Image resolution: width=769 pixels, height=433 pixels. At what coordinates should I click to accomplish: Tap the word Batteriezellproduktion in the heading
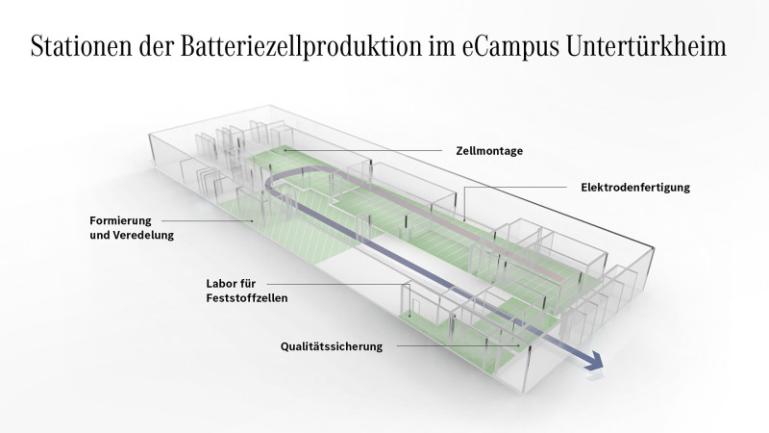[301, 47]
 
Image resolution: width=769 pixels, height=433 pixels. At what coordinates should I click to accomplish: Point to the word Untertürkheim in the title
[646, 46]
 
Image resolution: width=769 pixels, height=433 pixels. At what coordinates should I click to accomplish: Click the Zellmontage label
[489, 151]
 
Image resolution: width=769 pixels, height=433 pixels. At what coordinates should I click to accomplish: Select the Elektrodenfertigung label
[635, 187]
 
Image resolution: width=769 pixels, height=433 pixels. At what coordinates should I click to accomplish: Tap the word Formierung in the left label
[121, 221]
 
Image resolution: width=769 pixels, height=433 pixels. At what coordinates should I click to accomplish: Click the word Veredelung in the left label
[143, 235]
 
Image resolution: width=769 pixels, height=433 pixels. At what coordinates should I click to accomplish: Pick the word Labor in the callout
[221, 283]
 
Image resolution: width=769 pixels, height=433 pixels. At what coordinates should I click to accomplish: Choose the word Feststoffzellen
[247, 298]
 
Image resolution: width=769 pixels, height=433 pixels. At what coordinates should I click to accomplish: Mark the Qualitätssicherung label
[332, 346]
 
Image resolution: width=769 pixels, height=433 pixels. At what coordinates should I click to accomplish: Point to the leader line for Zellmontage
[363, 150]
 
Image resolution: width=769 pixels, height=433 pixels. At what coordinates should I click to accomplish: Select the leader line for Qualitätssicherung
[459, 345]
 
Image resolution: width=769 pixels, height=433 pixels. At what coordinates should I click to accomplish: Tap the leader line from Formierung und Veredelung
[207, 221]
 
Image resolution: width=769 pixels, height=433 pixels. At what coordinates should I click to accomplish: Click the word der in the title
[157, 46]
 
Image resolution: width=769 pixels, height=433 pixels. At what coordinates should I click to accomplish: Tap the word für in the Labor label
[248, 283]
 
